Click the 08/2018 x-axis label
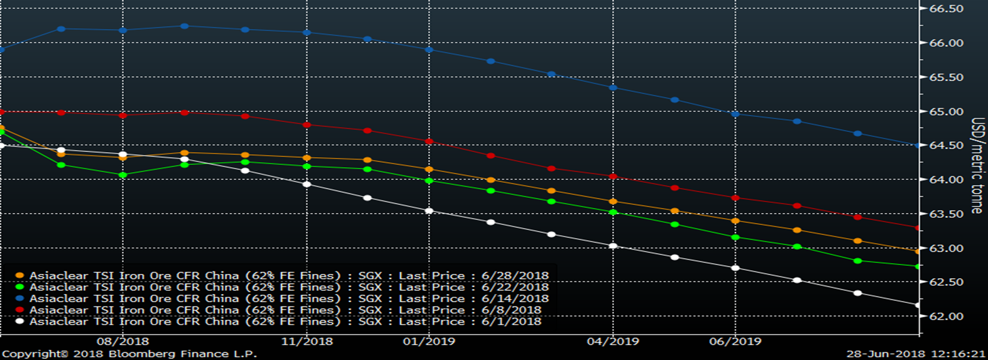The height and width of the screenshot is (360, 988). (x=123, y=342)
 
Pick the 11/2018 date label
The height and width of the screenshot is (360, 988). (x=307, y=342)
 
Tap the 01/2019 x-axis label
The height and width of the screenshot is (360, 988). (x=429, y=342)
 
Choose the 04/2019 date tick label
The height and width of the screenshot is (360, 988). (x=613, y=342)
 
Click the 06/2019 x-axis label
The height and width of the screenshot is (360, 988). (x=735, y=342)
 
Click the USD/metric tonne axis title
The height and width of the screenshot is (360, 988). (x=977, y=165)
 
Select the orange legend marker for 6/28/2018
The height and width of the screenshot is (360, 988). (x=19, y=276)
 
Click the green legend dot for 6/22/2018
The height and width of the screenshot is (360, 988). (x=19, y=287)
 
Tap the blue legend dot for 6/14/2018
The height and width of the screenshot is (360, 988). (x=19, y=298)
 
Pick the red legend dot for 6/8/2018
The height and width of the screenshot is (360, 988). (x=19, y=310)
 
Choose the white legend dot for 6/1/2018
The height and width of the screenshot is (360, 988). (x=19, y=321)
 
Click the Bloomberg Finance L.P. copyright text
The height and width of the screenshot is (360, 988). (x=129, y=354)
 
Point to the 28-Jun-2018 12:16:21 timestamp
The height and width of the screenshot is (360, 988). (x=916, y=354)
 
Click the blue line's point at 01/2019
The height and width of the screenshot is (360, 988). (x=429, y=50)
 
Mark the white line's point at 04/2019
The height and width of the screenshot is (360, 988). (x=613, y=246)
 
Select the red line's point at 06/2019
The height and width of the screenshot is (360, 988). (x=735, y=198)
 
